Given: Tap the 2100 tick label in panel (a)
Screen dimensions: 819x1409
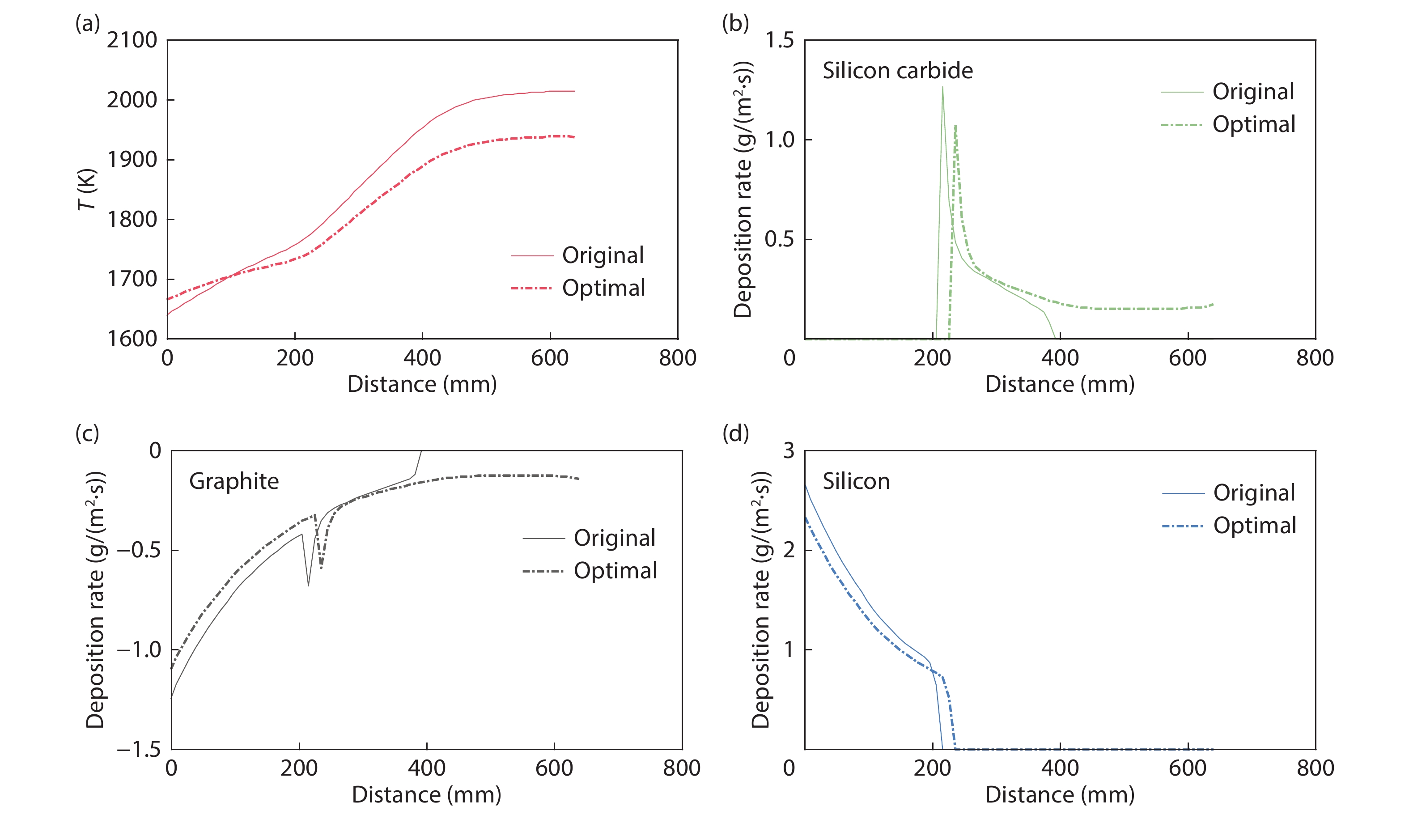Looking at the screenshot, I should [x=132, y=41].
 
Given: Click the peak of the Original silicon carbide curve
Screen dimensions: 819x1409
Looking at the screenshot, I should [x=942, y=87].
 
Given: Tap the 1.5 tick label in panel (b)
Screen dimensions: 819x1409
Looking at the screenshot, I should [x=779, y=41].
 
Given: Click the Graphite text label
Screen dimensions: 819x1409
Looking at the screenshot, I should [x=233, y=481].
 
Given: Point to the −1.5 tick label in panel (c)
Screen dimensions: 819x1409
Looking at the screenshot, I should [x=139, y=749].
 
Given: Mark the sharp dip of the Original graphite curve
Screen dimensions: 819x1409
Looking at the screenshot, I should [x=308, y=586].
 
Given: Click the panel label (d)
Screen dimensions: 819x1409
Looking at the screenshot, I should [x=735, y=433].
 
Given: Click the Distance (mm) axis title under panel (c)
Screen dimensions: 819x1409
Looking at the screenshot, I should [x=426, y=794].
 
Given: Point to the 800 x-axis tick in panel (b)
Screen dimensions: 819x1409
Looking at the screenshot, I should [x=1315, y=358].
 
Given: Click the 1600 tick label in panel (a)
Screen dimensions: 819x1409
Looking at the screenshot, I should [x=132, y=339].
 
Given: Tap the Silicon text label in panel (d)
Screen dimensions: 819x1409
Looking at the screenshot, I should [x=856, y=481].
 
